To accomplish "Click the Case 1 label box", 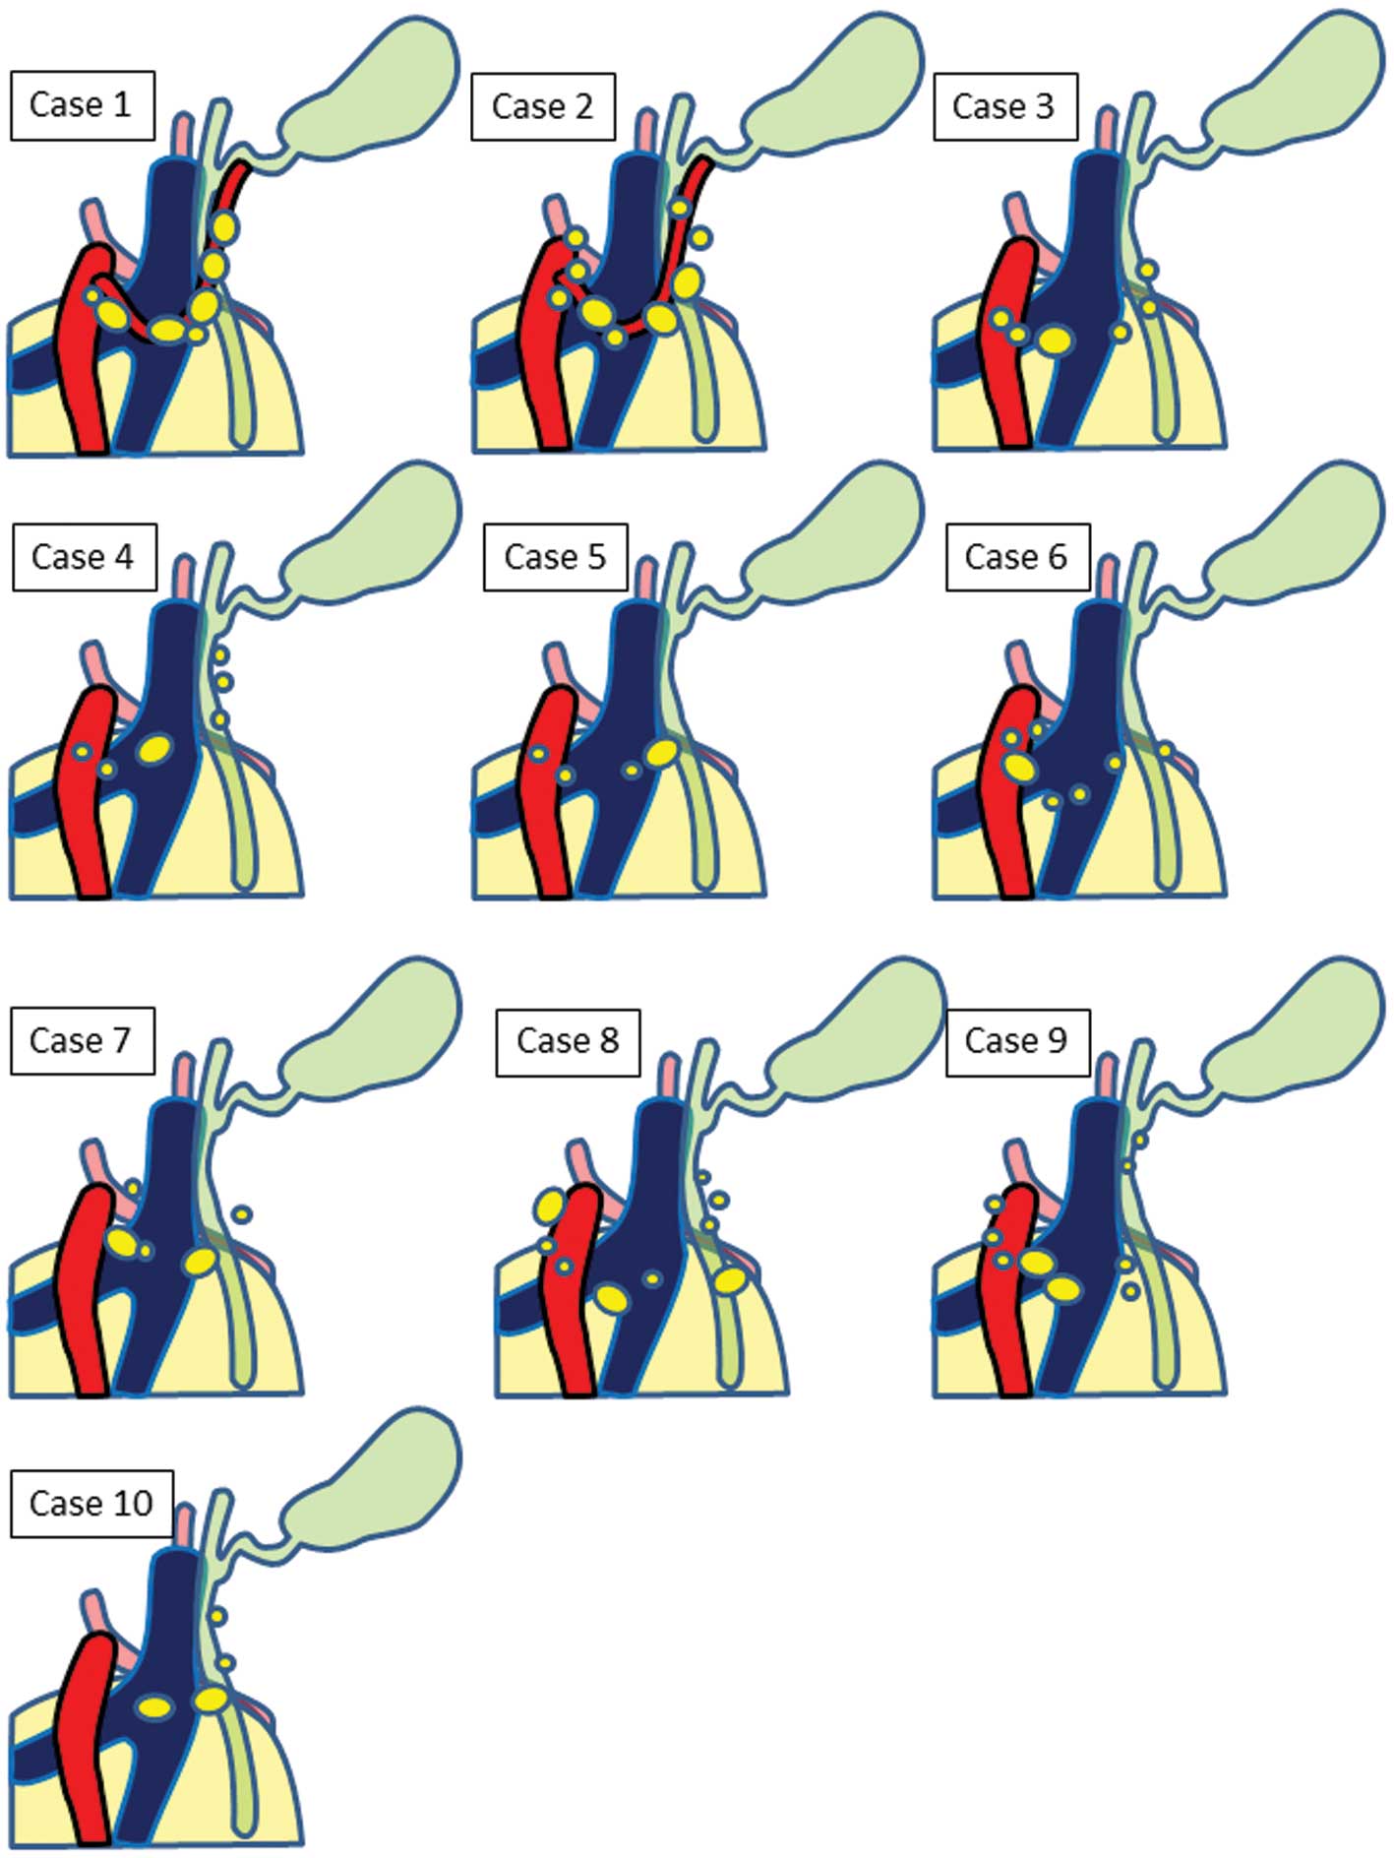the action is [82, 104].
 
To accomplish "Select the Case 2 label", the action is [542, 106].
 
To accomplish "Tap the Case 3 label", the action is [1003, 106].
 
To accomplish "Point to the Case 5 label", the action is [555, 557].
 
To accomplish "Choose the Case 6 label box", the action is [1016, 557].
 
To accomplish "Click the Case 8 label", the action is [568, 1041].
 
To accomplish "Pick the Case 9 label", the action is [1016, 1041].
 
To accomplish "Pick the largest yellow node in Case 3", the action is [1056, 341].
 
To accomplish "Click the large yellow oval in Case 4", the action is [153, 749].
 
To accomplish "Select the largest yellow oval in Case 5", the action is [663, 753].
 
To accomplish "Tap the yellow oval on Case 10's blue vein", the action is [155, 1707].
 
